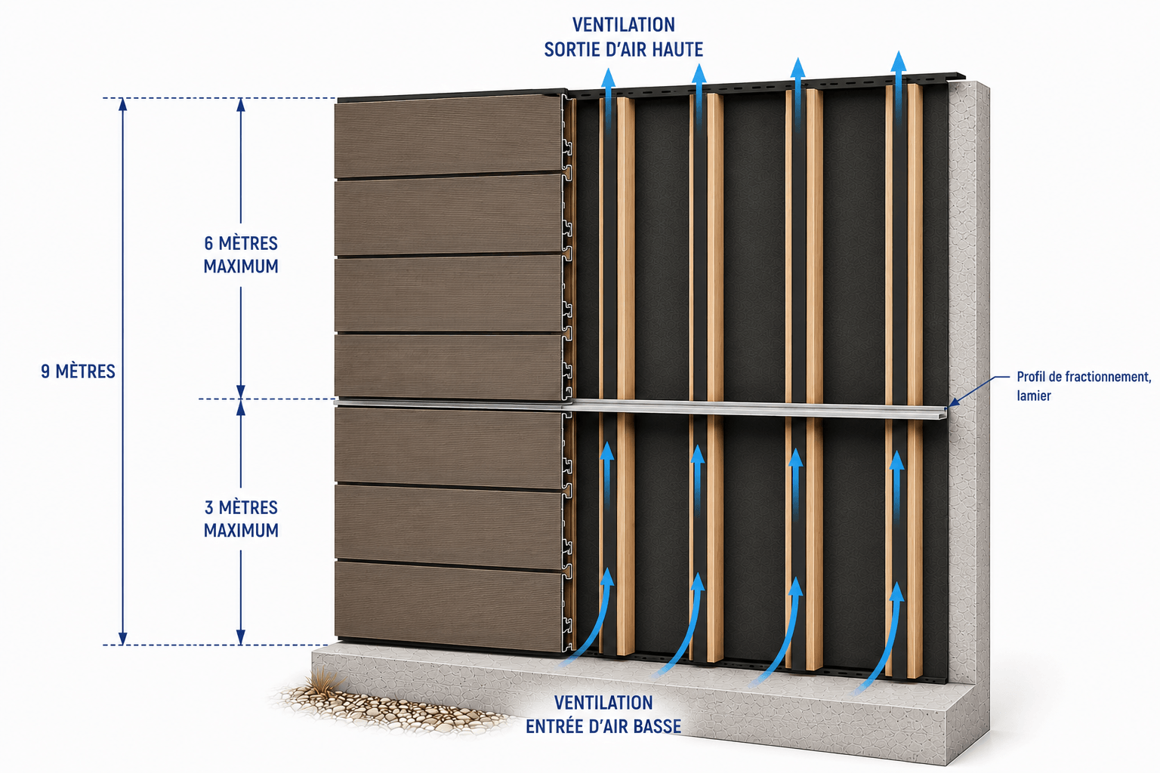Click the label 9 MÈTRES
click(x=79, y=371)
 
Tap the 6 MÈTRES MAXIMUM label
click(x=241, y=254)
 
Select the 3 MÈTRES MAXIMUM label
click(x=241, y=519)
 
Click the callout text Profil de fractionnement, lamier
click(x=1084, y=386)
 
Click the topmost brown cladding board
click(x=449, y=136)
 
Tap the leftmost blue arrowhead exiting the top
click(x=609, y=79)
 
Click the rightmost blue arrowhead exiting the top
click(x=899, y=61)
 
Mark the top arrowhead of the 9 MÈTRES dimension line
click(x=123, y=104)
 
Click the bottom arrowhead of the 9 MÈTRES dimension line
click(x=123, y=639)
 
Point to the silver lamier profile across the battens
click(x=642, y=407)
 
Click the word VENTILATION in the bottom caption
click(x=603, y=703)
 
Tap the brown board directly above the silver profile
click(x=449, y=367)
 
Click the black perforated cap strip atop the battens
click(x=767, y=85)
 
